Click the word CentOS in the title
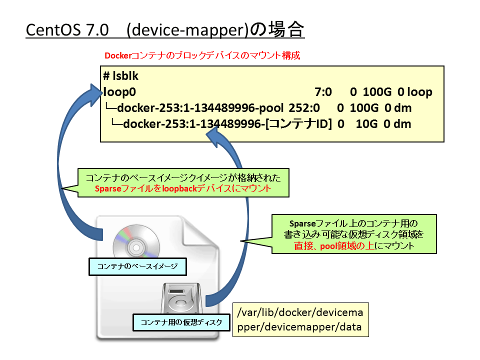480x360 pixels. pyautogui.click(x=53, y=30)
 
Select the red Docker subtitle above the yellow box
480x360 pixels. pyautogui.click(x=202, y=55)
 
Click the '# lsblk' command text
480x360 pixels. pyautogui.click(x=120, y=76)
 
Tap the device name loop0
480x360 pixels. pyautogui.click(x=119, y=92)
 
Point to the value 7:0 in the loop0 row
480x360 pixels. pyautogui.click(x=323, y=92)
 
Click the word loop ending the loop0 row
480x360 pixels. pyautogui.click(x=419, y=92)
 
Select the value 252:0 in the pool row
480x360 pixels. pyautogui.click(x=304, y=108)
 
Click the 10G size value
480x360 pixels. pyautogui.click(x=366, y=124)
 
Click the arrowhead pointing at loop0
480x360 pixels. pyautogui.click(x=96, y=93)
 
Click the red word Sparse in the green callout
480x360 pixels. pyautogui.click(x=108, y=188)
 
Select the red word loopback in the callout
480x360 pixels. pyautogui.click(x=179, y=188)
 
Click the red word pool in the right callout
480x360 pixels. pyautogui.click(x=328, y=246)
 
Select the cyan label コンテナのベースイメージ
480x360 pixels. pyautogui.click(x=137, y=266)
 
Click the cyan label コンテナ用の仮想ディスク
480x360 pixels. pyautogui.click(x=181, y=322)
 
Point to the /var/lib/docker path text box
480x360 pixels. pyautogui.click(x=300, y=319)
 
